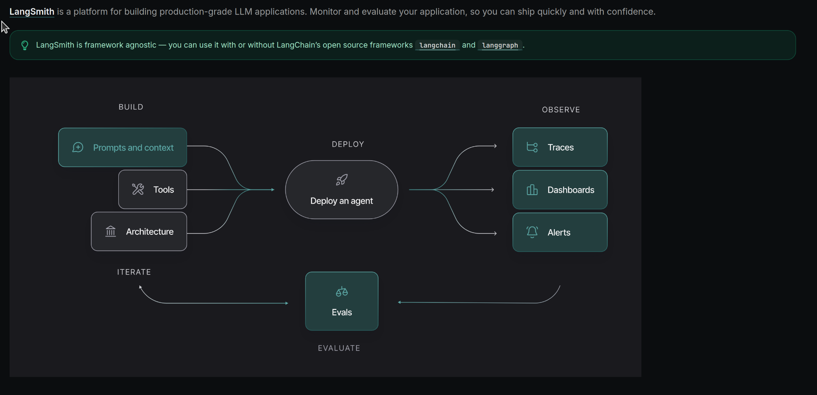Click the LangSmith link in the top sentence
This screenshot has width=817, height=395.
tap(31, 12)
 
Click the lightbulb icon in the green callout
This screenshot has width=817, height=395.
tap(25, 45)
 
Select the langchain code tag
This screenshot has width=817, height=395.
tap(437, 45)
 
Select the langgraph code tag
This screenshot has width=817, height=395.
tap(500, 45)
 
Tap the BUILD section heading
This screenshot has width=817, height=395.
tap(131, 107)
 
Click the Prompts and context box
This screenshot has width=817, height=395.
tap(123, 148)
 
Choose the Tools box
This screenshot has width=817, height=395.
tap(152, 189)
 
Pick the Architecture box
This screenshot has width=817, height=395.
tap(139, 232)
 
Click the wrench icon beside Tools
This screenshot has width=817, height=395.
tap(138, 189)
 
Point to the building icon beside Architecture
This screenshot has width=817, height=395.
tap(111, 231)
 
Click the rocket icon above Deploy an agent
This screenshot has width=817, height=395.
tap(342, 180)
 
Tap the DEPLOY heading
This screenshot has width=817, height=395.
tap(348, 144)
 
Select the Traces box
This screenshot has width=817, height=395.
tap(560, 148)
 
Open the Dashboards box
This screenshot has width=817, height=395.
tap(560, 190)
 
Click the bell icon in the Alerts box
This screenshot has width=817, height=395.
tap(532, 232)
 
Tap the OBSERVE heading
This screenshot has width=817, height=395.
tap(561, 110)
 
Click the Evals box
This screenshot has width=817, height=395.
tap(342, 301)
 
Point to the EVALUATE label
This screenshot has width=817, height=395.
tap(339, 348)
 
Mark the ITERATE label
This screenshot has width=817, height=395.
tap(134, 272)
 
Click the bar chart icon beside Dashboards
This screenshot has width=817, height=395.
tap(532, 190)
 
